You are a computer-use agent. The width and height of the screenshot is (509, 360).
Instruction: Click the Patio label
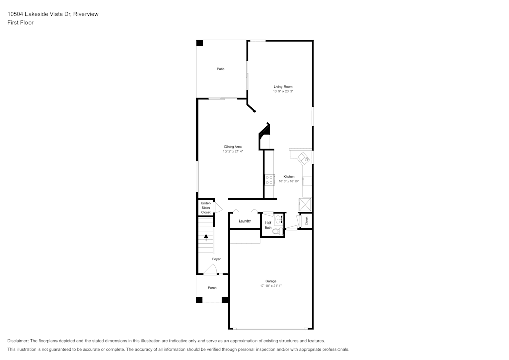(221, 69)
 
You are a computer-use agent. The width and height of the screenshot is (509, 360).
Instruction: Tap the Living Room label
(283, 87)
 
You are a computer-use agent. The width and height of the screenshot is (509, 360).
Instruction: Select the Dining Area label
(233, 147)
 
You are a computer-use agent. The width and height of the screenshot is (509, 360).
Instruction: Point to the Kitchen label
(289, 177)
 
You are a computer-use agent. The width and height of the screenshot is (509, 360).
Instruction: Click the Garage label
(271, 281)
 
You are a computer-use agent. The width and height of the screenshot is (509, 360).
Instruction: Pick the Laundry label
(245, 221)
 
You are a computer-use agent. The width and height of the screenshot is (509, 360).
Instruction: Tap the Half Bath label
(268, 225)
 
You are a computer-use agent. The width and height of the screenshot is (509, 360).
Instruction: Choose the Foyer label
(216, 259)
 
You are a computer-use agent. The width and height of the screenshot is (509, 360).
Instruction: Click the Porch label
(212, 288)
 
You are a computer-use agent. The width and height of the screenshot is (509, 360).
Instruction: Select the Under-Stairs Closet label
(206, 208)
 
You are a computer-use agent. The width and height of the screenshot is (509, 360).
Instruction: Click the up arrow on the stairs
(206, 237)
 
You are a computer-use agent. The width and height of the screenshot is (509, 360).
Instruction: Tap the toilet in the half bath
(277, 232)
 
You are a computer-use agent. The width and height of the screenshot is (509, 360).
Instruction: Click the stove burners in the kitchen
(269, 180)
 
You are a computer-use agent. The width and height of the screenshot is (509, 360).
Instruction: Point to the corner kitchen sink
(304, 158)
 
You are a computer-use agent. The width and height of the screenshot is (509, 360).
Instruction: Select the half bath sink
(279, 219)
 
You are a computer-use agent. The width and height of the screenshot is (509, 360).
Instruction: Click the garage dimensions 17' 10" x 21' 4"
(271, 286)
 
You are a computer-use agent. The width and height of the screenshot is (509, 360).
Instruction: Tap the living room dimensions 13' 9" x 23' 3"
(283, 91)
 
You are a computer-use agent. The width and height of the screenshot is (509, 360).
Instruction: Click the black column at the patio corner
(200, 43)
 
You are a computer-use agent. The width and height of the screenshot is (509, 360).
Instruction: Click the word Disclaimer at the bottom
(17, 341)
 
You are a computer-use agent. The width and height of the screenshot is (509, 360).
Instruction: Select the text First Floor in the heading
(20, 23)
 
